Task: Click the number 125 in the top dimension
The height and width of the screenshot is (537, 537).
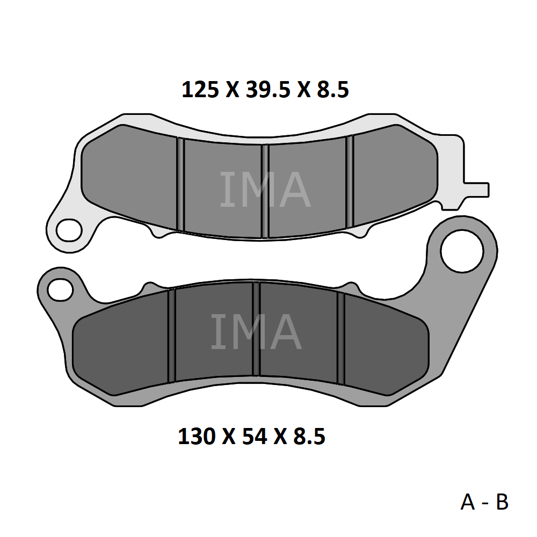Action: (x=200, y=90)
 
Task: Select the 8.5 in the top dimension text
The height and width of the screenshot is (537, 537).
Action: (x=332, y=90)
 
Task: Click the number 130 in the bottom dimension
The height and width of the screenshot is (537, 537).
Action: (x=197, y=436)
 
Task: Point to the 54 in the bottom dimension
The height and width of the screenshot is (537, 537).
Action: (x=255, y=436)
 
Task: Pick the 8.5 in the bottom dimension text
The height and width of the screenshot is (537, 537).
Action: (x=309, y=436)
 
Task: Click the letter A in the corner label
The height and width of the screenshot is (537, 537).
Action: (x=468, y=502)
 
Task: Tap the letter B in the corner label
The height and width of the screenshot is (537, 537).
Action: (x=502, y=502)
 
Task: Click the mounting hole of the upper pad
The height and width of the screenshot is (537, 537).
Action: (x=69, y=230)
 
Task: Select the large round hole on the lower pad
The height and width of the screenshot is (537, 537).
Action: (x=462, y=251)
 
